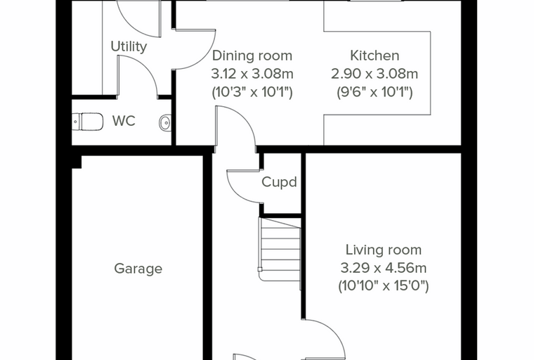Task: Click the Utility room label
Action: pyautogui.click(x=129, y=46)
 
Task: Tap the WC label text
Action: pyautogui.click(x=124, y=121)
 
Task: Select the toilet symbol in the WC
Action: pyautogui.click(x=88, y=122)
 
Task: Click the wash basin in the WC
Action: pyautogui.click(x=165, y=122)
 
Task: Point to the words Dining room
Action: pyautogui.click(x=252, y=56)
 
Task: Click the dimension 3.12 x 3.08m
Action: pyautogui.click(x=252, y=74)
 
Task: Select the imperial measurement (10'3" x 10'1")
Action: pyautogui.click(x=252, y=92)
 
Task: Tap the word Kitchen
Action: pyautogui.click(x=375, y=56)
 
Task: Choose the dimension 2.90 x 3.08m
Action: pyautogui.click(x=375, y=74)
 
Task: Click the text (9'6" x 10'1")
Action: pyautogui.click(x=375, y=92)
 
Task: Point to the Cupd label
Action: pyautogui.click(x=279, y=182)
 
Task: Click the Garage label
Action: pyautogui.click(x=138, y=269)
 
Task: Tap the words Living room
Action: pyautogui.click(x=384, y=250)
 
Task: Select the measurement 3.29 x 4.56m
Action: pyautogui.click(x=384, y=268)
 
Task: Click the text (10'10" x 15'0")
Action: pyautogui.click(x=384, y=286)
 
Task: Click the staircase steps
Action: pyautogui.click(x=280, y=249)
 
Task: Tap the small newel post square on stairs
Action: pyautogui.click(x=260, y=269)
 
